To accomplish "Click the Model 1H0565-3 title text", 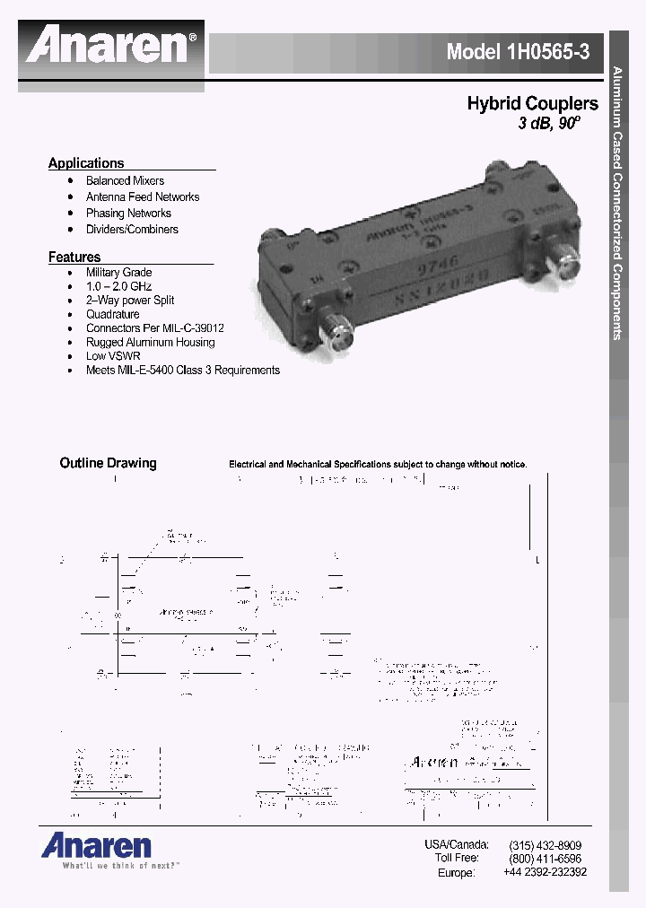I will (518, 52).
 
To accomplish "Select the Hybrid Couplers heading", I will (532, 104).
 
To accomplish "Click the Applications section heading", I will (86, 163).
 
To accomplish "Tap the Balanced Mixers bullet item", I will (125, 180).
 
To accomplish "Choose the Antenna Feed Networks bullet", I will (143, 196).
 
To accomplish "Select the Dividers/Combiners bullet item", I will (132, 229).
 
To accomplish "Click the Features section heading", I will (74, 258).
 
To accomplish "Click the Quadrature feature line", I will (112, 314).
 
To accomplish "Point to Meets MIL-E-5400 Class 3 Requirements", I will (182, 370).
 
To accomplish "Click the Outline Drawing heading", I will (108, 464).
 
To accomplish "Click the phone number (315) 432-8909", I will (545, 845).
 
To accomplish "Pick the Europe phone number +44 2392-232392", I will (545, 872).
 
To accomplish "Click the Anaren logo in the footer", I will (95, 846).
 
